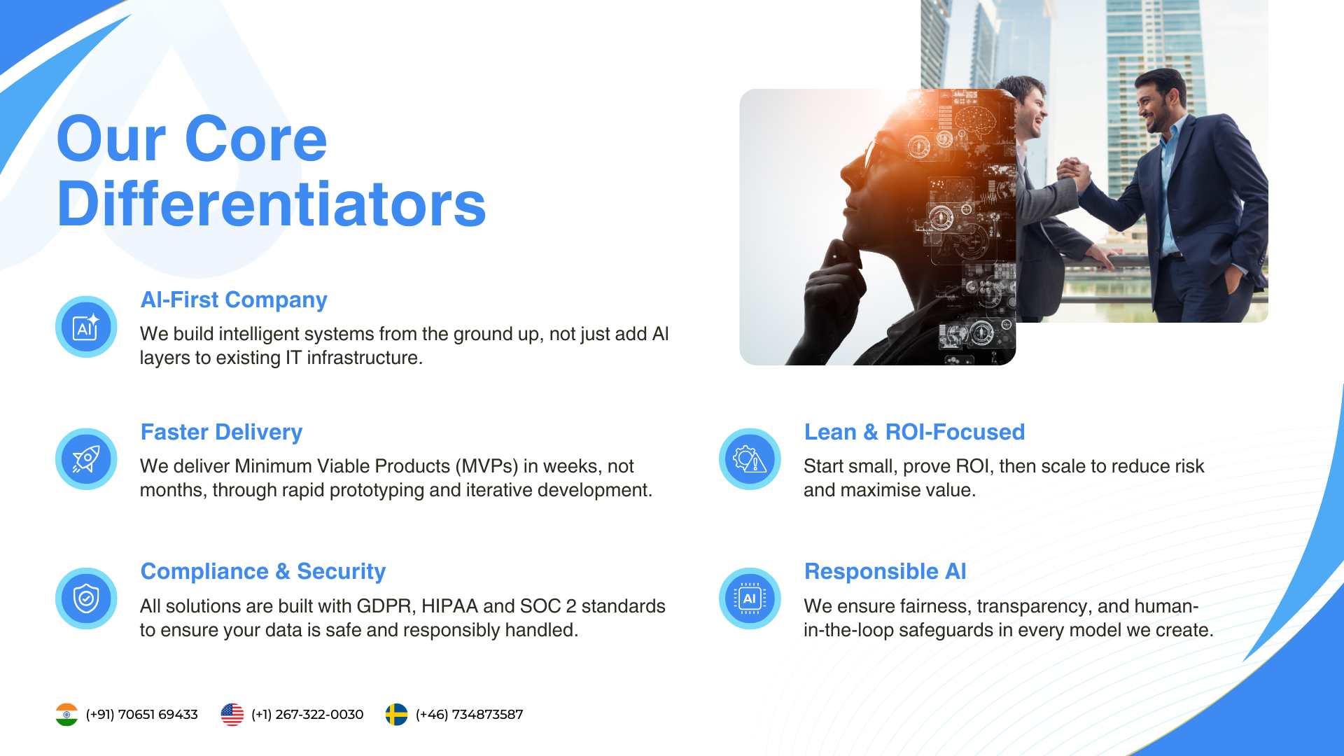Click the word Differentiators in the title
point(272,204)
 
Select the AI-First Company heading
point(234,300)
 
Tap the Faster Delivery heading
point(221,432)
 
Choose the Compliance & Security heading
point(263,571)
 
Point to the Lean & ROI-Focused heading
point(914,432)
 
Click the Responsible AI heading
point(885,571)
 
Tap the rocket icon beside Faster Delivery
point(86,459)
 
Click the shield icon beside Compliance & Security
point(86,598)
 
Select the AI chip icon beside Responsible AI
point(750,598)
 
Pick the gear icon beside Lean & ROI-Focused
point(750,459)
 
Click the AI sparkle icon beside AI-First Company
point(86,327)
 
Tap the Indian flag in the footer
point(66,715)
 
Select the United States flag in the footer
point(232,715)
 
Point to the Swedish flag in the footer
point(396,715)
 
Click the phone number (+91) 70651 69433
point(141,715)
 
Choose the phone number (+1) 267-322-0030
point(307,715)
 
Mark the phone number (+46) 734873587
point(469,715)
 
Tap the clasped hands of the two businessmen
point(1073,174)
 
